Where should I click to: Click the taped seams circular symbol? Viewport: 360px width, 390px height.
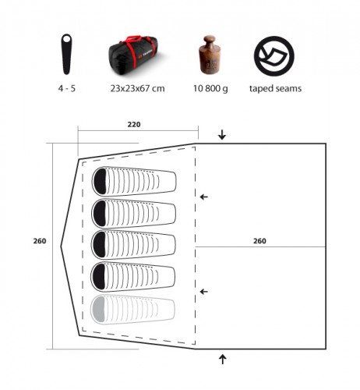(x=274, y=54)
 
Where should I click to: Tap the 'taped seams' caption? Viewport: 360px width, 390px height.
(x=275, y=89)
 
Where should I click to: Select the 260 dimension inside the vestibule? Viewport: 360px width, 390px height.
(x=260, y=241)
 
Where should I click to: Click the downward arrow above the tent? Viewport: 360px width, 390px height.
(x=222, y=135)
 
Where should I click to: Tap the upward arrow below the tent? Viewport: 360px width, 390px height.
(x=222, y=360)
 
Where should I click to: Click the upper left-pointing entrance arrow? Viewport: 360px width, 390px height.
(x=204, y=197)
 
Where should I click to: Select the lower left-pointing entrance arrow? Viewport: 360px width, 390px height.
(x=204, y=292)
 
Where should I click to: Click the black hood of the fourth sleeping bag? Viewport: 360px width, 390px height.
(x=101, y=276)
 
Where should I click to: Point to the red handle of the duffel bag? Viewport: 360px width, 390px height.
(x=137, y=39)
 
